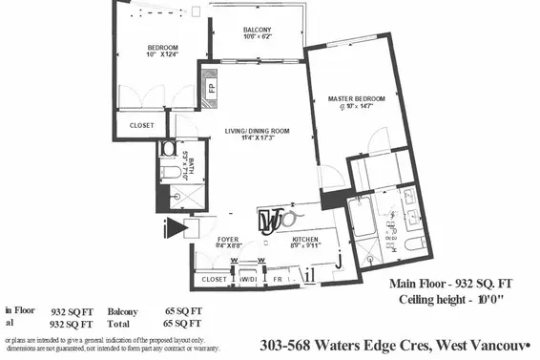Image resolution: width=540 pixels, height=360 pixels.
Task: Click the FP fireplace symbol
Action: coord(210,88)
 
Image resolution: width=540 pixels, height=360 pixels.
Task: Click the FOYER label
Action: coord(227,240)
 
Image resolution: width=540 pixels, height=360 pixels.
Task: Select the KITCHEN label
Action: coord(304,240)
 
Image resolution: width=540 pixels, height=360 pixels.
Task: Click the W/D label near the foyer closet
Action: coord(247,279)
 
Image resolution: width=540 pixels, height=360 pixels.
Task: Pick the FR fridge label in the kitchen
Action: coord(278,279)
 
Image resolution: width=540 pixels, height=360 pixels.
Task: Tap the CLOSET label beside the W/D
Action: coord(215,279)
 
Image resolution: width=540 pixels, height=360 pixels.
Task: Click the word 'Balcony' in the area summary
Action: coord(122,311)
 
